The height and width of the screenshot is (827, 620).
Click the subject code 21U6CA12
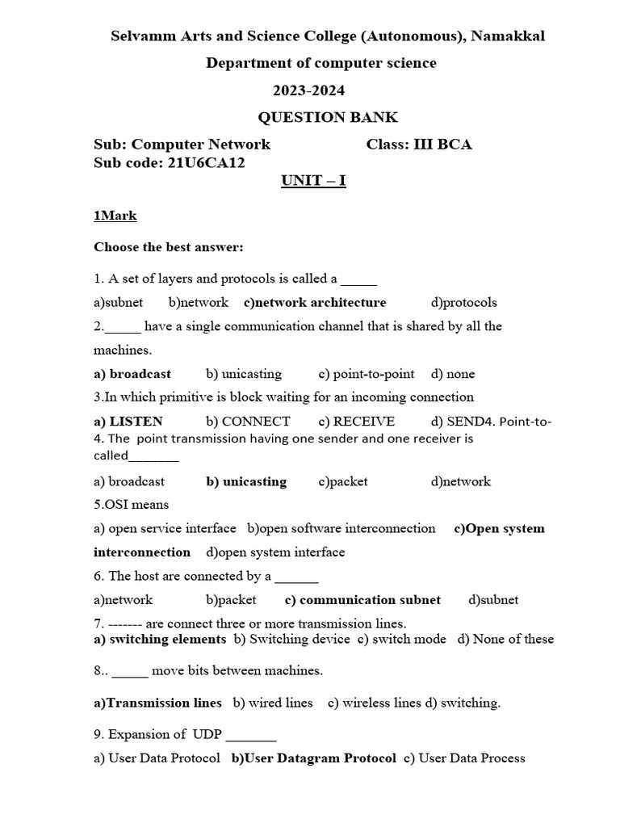[206, 162]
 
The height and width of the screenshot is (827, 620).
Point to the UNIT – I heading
[313, 180]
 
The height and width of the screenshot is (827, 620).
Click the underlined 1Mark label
[115, 216]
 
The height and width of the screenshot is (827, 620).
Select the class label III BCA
[442, 145]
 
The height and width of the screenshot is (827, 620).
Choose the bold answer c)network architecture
[315, 302]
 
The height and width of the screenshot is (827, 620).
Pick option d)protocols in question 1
[464, 302]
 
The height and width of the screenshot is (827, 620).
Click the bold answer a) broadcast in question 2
[132, 374]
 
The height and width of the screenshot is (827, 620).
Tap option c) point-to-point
[367, 374]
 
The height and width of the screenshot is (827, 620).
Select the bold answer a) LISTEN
[128, 421]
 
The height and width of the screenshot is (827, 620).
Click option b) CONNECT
[248, 421]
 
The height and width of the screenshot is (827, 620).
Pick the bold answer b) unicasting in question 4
[246, 481]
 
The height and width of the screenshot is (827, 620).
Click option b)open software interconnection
[341, 528]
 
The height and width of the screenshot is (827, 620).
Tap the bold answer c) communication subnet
[363, 599]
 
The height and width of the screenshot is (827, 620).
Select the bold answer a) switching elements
[160, 639]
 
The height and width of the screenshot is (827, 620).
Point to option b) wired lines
[273, 703]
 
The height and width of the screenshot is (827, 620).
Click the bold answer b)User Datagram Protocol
[314, 758]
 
